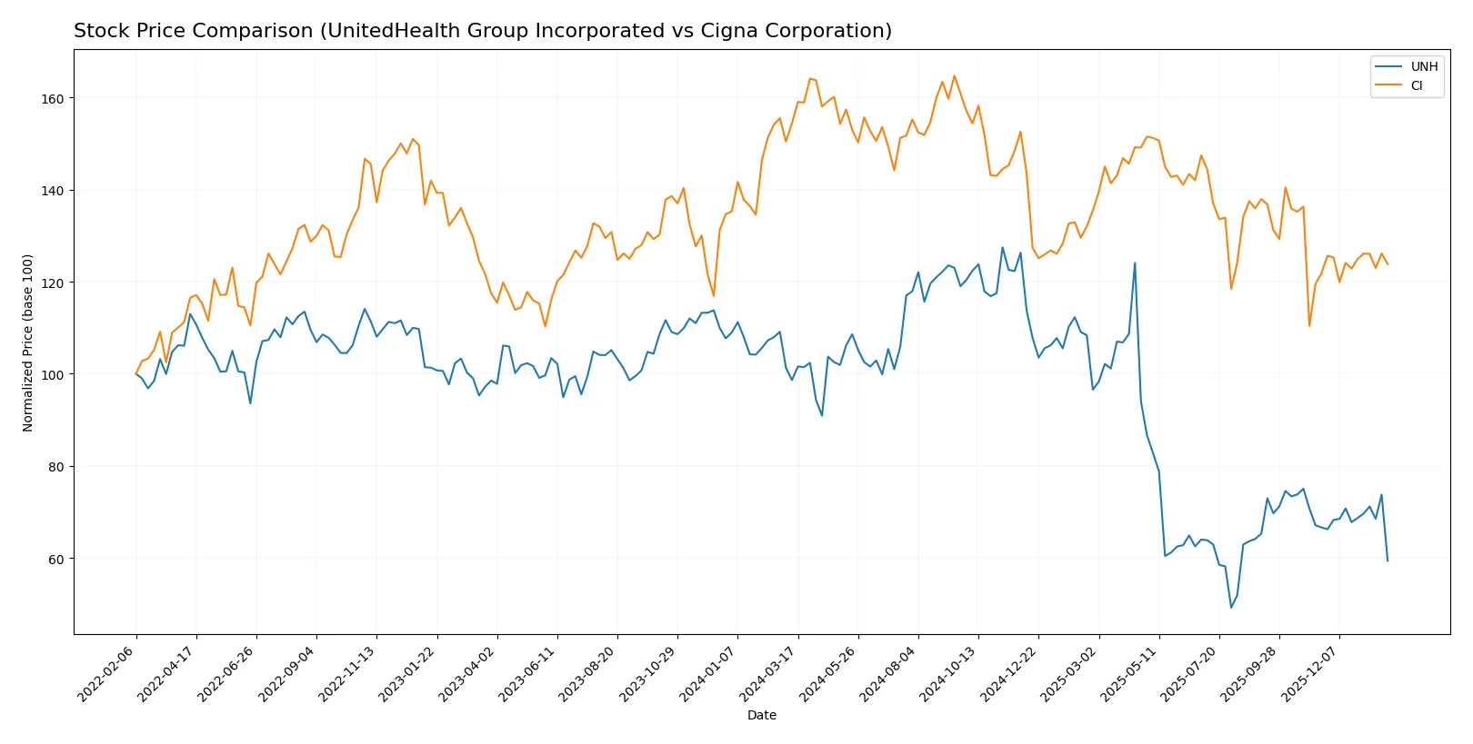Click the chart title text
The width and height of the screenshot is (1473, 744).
[482, 31]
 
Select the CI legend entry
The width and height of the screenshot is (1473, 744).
[1416, 86]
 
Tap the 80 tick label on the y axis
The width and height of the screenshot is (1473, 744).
[56, 467]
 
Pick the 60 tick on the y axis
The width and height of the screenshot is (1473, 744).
[56, 559]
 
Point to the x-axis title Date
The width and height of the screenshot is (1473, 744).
[761, 716]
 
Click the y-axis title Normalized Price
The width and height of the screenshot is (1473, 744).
[28, 342]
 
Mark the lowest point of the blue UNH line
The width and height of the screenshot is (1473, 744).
[1231, 607]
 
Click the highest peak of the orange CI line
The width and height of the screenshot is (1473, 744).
[954, 75]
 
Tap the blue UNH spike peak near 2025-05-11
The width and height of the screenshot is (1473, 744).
[1135, 263]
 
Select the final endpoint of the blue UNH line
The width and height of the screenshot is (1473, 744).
[1388, 560]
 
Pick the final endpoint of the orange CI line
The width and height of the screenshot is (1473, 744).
[1388, 264]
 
